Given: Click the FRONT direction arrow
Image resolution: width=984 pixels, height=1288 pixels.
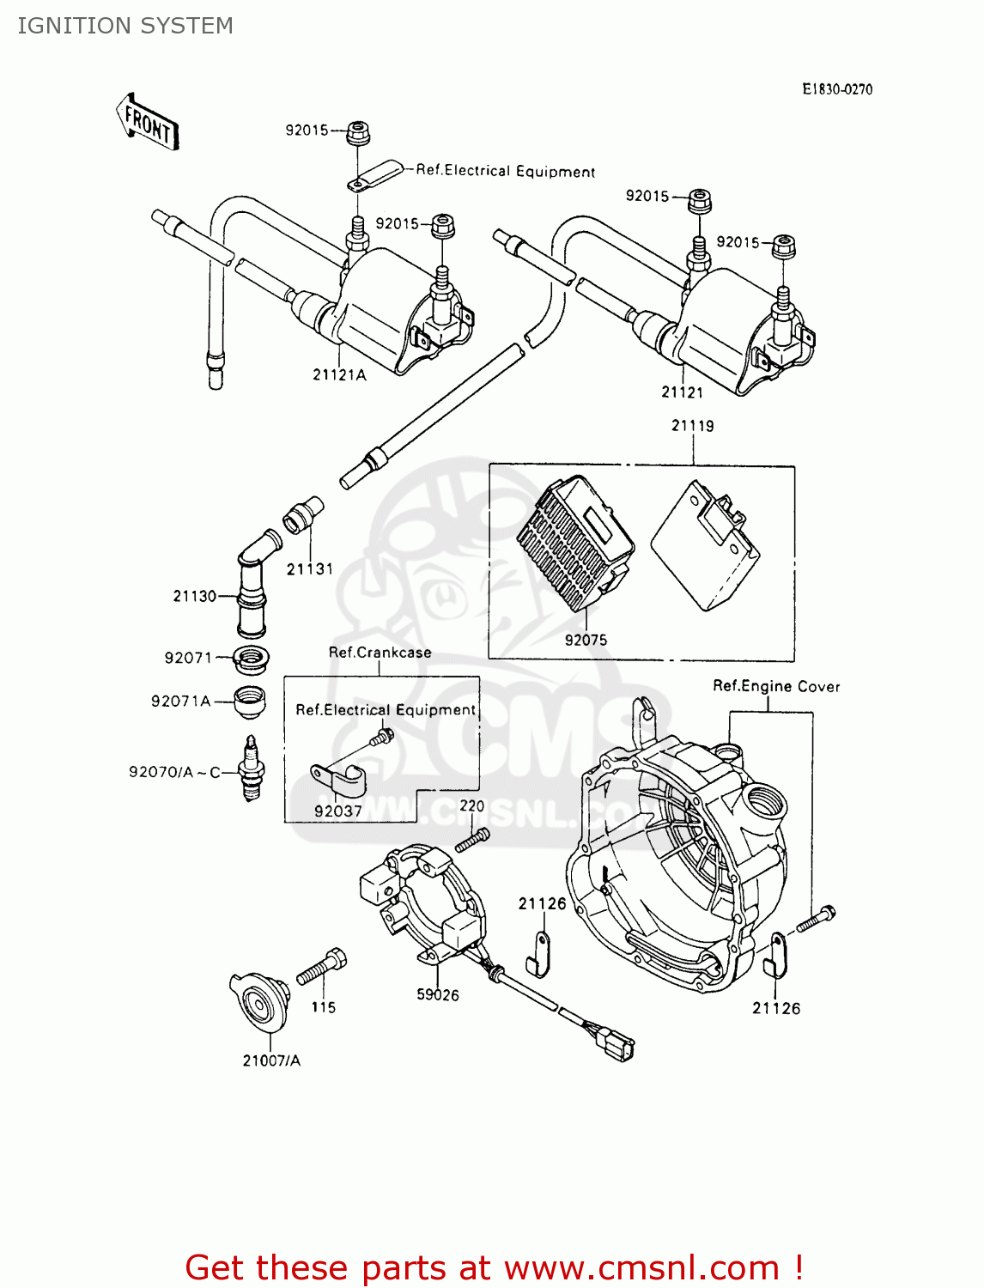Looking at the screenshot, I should point(148,123).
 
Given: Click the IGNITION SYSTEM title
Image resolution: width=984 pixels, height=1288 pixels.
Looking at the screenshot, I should point(125,26).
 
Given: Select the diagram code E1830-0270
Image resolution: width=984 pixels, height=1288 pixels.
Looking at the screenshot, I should point(836,89).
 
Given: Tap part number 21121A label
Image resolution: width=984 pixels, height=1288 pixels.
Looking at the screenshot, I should point(339,374).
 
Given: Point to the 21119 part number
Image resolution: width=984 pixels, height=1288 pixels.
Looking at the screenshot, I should point(692,426).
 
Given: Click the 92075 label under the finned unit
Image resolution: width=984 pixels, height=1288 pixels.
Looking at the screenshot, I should point(586,640).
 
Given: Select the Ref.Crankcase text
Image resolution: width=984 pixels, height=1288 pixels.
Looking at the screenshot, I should point(380,653).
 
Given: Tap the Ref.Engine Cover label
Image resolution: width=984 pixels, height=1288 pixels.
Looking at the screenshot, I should point(776,686).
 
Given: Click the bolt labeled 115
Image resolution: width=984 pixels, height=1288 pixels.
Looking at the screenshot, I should point(322,969).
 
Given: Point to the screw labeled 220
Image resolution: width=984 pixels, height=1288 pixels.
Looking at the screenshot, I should point(472,839).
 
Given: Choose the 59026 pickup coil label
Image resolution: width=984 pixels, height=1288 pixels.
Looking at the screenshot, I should point(438,994).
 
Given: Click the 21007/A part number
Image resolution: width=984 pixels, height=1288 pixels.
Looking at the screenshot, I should point(271,1060).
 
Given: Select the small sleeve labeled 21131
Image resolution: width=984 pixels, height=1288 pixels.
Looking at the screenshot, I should point(303,514).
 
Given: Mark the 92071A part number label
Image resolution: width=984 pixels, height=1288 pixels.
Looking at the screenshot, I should point(180,701).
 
